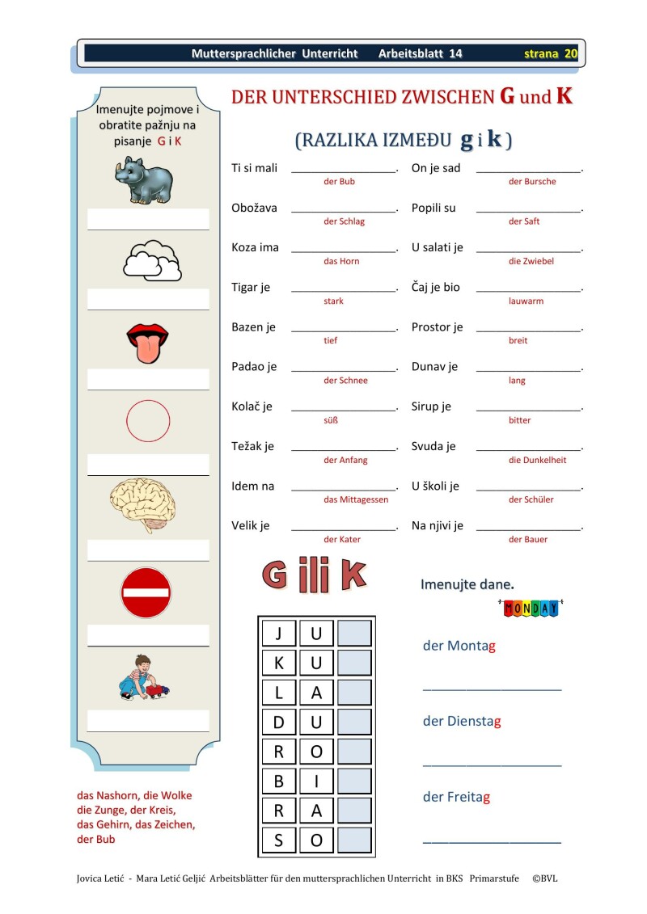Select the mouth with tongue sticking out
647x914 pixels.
click(x=147, y=343)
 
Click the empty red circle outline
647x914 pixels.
click(x=148, y=420)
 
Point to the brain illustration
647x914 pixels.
click(x=143, y=503)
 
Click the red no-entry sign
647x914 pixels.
click(x=146, y=592)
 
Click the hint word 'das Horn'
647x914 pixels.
click(x=341, y=261)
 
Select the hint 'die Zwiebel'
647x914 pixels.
click(x=531, y=261)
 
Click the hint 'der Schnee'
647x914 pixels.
click(x=345, y=381)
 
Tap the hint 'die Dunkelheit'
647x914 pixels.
click(x=537, y=460)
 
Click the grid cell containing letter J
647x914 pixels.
click(x=279, y=633)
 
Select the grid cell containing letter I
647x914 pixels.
click(x=316, y=781)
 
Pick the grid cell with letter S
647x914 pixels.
click(x=279, y=840)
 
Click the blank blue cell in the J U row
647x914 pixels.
click(x=354, y=633)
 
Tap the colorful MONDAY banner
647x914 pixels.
click(x=531, y=608)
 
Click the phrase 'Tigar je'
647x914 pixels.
click(x=251, y=287)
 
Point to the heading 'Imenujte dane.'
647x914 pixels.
click(x=467, y=583)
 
